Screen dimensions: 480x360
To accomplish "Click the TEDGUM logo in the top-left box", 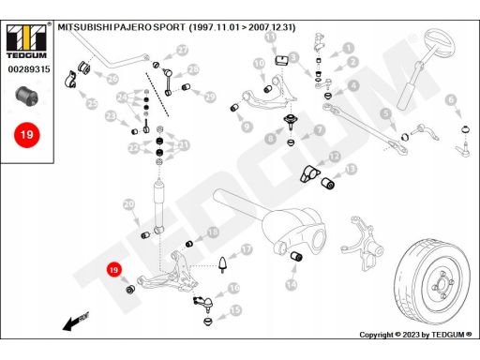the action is pos(26,41).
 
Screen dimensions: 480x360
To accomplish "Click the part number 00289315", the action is pos(29,69).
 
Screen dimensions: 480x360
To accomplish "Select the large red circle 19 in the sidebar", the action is pos(27,135).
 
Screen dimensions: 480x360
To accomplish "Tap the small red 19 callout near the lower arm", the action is pos(114,270).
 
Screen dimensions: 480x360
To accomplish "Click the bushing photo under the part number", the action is pos(27,97).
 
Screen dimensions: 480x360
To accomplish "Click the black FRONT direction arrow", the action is pos(76,321).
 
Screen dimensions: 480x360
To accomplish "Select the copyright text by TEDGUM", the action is pos(415,335).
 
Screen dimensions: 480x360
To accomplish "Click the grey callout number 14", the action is pos(292,284).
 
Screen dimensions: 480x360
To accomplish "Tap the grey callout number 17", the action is pos(247,249).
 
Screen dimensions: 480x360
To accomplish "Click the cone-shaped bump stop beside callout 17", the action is pos(222,264).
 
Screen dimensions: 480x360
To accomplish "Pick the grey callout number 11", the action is pos(270,37).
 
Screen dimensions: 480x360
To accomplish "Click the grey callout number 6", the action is pos(451,100).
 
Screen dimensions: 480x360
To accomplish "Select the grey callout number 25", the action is pos(92,103).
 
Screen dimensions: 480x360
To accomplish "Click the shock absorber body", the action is pos(158,204).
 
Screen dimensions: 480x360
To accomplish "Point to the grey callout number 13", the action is pos(351,169).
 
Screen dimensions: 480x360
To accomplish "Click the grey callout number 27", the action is pos(182,50).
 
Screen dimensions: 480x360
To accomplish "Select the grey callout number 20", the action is pos(128,204).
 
